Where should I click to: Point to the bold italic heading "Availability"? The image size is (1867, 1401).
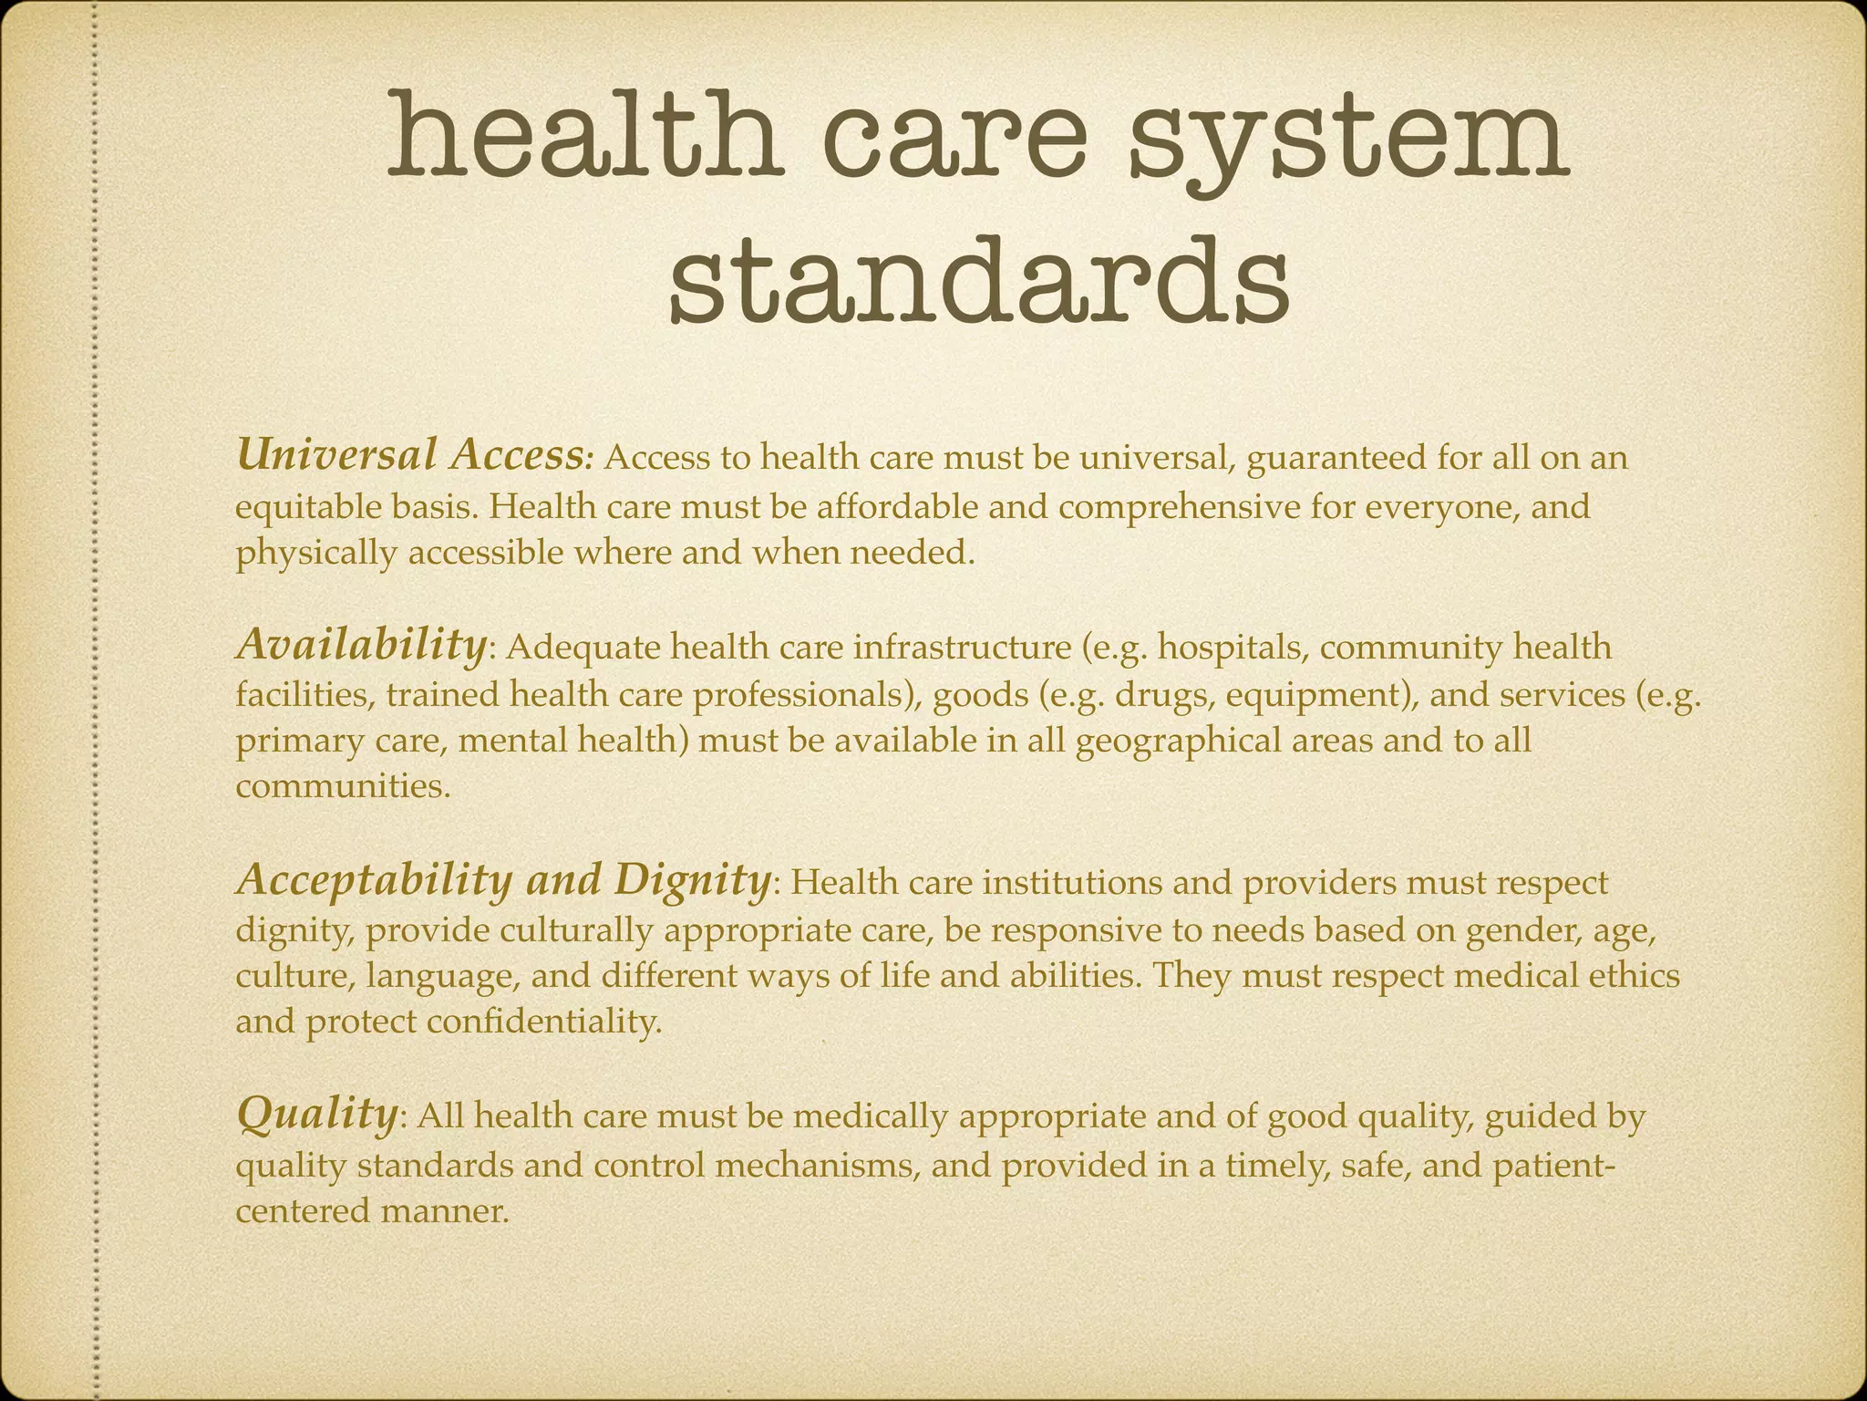point(361,645)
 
